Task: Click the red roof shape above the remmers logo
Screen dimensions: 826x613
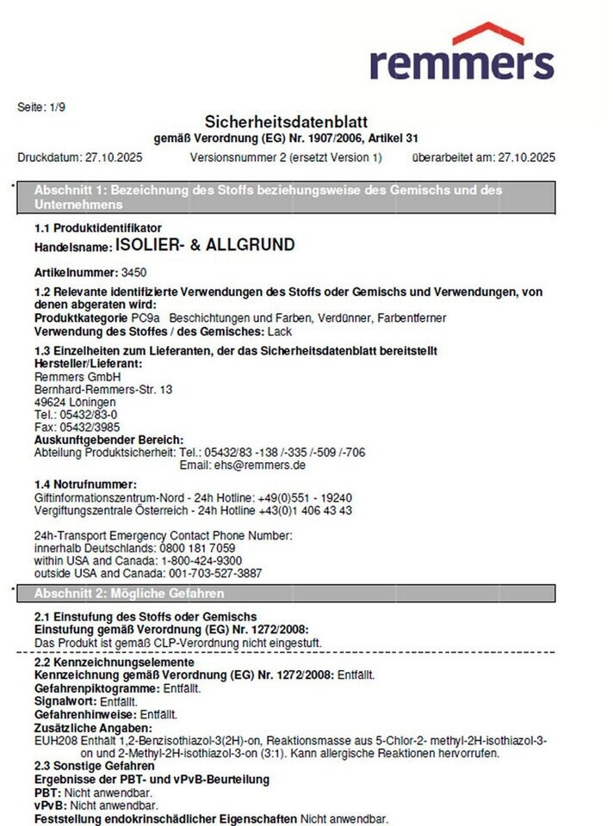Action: pos(487,34)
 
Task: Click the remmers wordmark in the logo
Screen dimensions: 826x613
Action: pos(461,63)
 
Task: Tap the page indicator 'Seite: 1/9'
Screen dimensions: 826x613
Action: pos(40,107)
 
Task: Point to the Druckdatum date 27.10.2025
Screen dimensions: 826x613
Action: pos(115,157)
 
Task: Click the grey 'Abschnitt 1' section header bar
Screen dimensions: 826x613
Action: pos(288,197)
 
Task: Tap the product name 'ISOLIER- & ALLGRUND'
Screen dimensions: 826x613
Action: pos(205,245)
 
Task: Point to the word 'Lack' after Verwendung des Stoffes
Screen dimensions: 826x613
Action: pos(280,331)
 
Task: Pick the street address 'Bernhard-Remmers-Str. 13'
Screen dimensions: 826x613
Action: pos(102,390)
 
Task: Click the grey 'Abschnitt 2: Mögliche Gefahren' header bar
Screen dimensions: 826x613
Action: pos(288,594)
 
